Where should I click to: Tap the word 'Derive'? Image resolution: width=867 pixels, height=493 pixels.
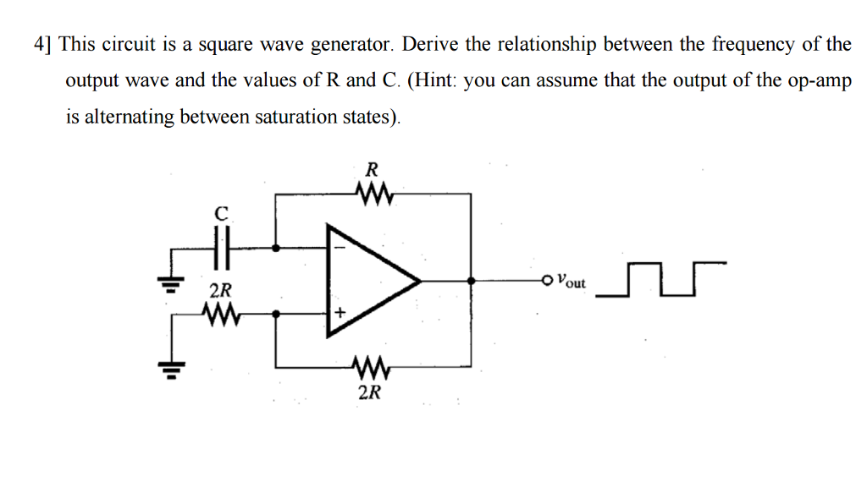click(x=440, y=44)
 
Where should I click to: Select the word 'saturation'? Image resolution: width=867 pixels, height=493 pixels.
click(x=295, y=118)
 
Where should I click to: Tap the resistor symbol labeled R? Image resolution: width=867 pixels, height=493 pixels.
click(x=369, y=195)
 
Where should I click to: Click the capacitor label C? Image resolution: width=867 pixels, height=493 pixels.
click(x=221, y=215)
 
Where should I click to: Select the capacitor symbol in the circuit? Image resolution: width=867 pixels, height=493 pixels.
click(x=221, y=249)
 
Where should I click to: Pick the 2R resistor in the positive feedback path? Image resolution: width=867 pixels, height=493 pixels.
click(x=369, y=367)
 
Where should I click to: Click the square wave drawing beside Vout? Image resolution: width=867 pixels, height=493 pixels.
click(x=660, y=280)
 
